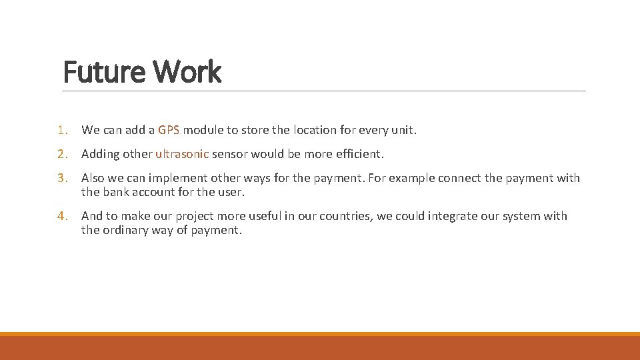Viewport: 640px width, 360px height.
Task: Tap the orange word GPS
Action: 169,130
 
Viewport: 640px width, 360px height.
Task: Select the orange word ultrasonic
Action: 182,154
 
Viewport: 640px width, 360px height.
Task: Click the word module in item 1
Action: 211,130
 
